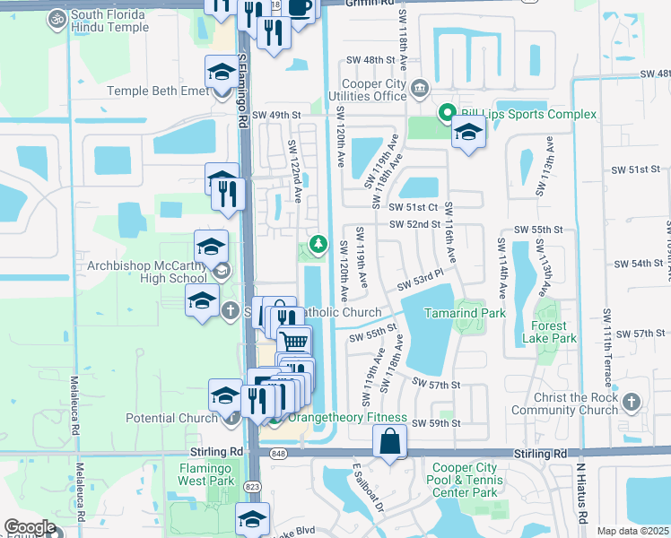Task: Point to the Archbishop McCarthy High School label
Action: (147, 272)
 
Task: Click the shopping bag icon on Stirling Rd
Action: (390, 442)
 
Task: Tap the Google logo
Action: (30, 527)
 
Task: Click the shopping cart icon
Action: (293, 342)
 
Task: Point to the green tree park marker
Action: (318, 244)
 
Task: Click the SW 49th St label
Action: (276, 115)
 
